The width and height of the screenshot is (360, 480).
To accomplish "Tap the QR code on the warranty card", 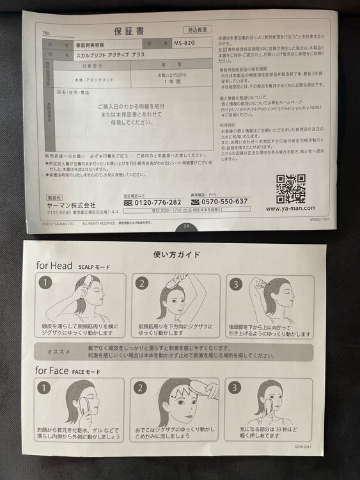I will [x=290, y=188].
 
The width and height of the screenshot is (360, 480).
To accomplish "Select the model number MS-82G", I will [x=185, y=44].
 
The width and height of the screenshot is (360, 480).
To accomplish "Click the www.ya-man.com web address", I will [x=290, y=208].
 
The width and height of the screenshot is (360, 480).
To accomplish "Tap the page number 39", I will [x=186, y=225].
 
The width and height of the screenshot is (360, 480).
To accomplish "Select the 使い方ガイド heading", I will [x=177, y=254].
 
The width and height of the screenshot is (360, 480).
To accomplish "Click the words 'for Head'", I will [x=54, y=266].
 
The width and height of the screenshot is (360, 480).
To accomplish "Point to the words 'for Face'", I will [x=54, y=371].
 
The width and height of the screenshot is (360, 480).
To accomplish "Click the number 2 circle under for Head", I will [x=141, y=283].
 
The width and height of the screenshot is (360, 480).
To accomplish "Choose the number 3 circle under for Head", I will [x=236, y=283].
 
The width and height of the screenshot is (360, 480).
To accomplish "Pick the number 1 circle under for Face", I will [x=45, y=387].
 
